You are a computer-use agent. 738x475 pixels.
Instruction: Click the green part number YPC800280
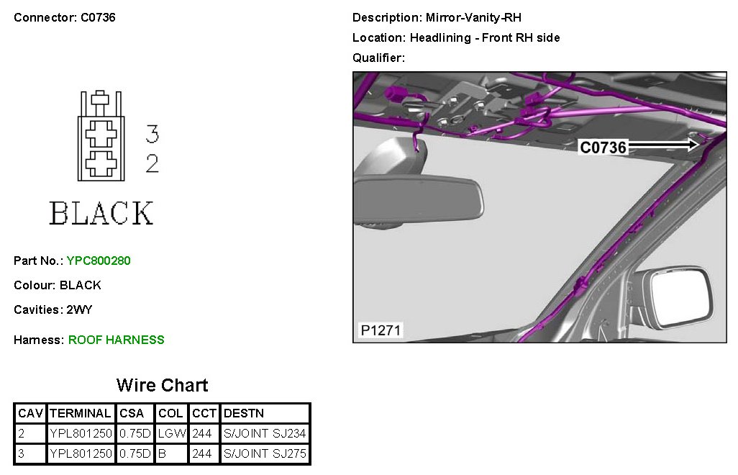pyautogui.click(x=99, y=261)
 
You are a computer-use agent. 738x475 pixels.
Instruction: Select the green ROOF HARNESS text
pyautogui.click(x=117, y=340)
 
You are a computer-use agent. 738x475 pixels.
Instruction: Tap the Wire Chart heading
pyautogui.click(x=163, y=385)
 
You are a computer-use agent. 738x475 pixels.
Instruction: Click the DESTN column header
pyautogui.click(x=244, y=413)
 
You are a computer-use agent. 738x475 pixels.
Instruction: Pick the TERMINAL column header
pyautogui.click(x=81, y=413)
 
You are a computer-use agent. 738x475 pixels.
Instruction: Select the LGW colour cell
pyautogui.click(x=172, y=433)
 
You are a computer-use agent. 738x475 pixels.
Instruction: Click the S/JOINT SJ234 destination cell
pyautogui.click(x=265, y=433)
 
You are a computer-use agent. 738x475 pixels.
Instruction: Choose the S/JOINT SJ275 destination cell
pyautogui.click(x=265, y=453)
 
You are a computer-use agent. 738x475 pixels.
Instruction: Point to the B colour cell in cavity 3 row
pyautogui.click(x=162, y=453)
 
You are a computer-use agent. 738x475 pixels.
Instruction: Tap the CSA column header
pyautogui.click(x=132, y=413)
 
